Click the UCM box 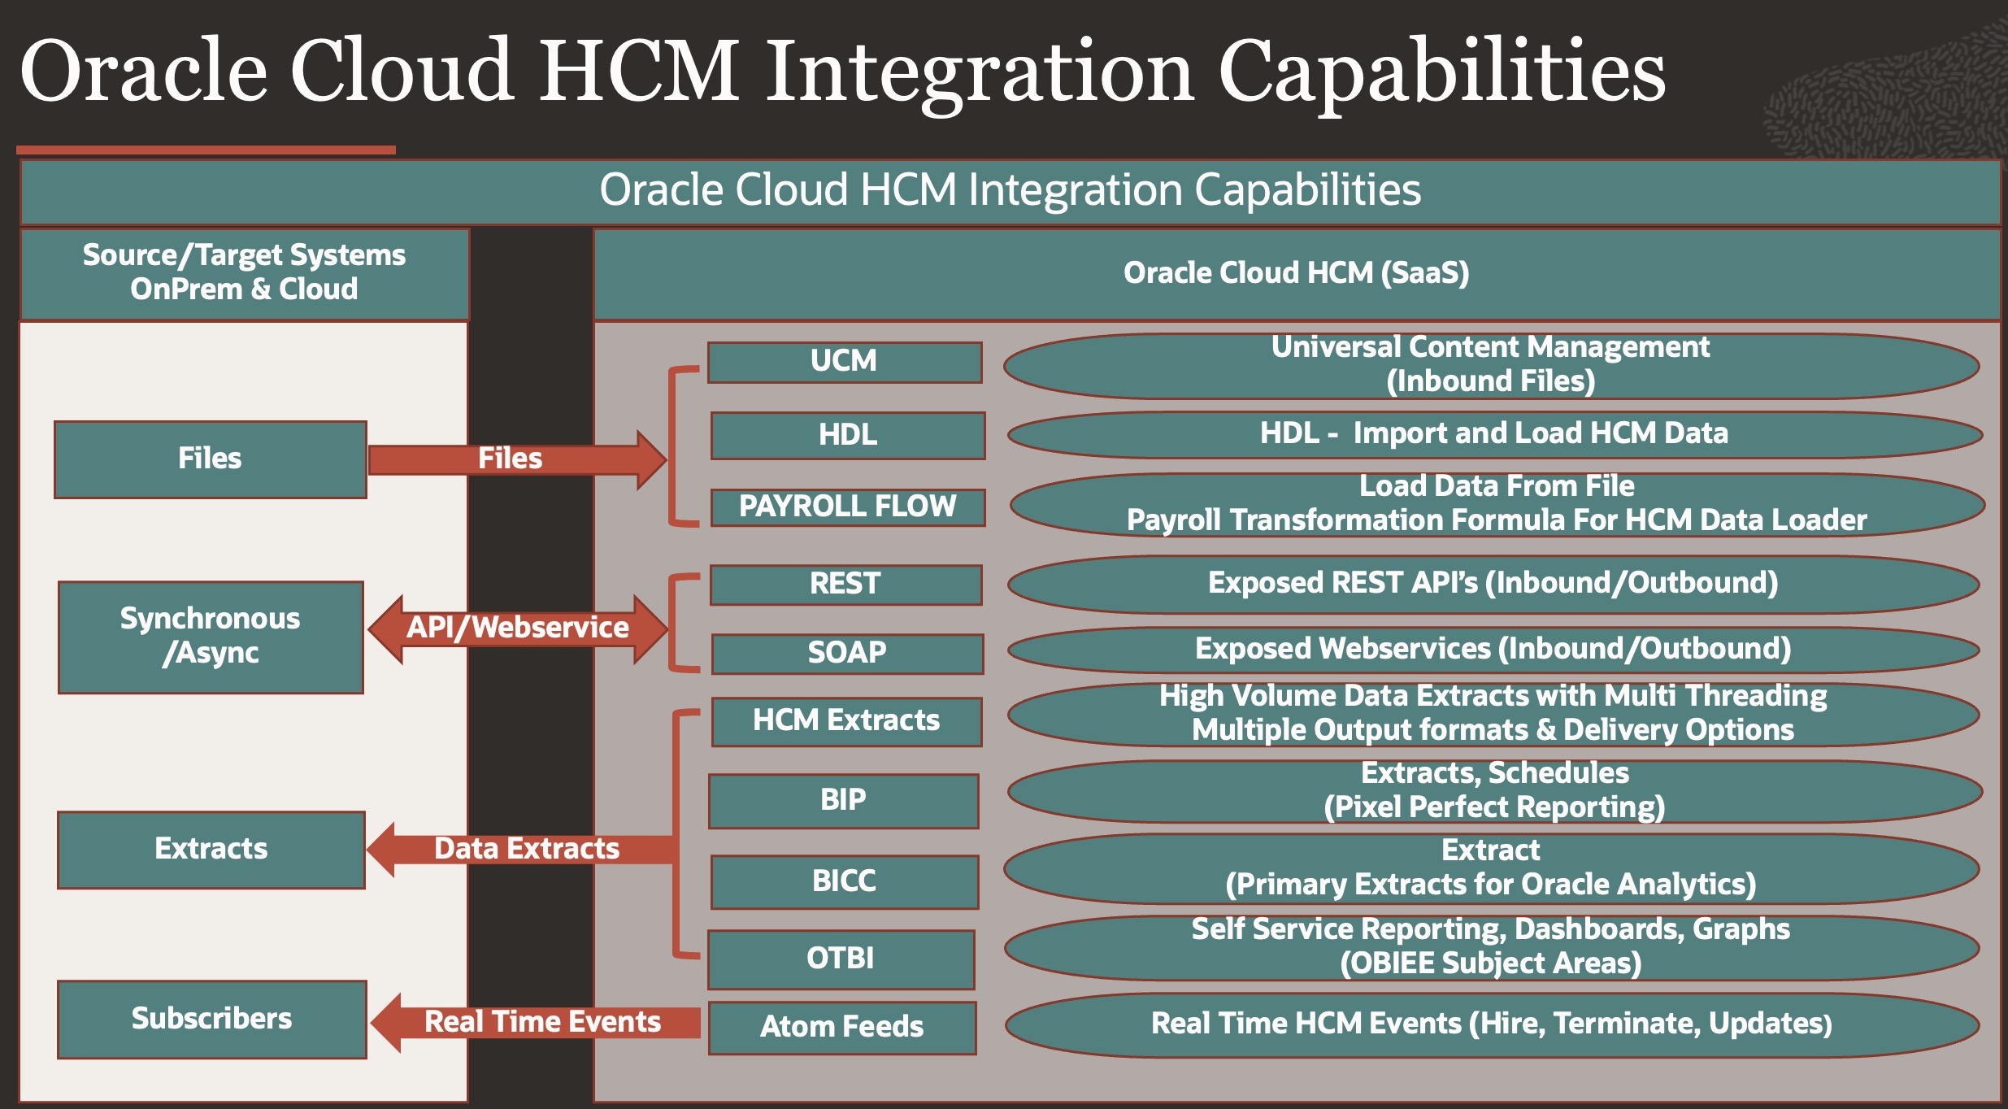pyautogui.click(x=845, y=362)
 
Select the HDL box pyautogui.click(x=847, y=435)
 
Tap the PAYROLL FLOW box pyautogui.click(x=847, y=507)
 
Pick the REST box pyautogui.click(x=845, y=584)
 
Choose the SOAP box pyautogui.click(x=847, y=653)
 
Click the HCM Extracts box pyautogui.click(x=846, y=720)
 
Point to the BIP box pyautogui.click(x=843, y=800)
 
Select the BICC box pyautogui.click(x=844, y=881)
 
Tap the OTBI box pyautogui.click(x=841, y=959)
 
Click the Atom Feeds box pyautogui.click(x=842, y=1027)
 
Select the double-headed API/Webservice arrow pyautogui.click(x=518, y=628)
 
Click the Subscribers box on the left pyautogui.click(x=211, y=1019)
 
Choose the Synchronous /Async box pyautogui.click(x=211, y=637)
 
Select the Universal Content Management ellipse pyautogui.click(x=1490, y=365)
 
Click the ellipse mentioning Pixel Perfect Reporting pyautogui.click(x=1494, y=790)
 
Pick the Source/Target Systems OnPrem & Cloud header pyautogui.click(x=244, y=273)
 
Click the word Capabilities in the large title pyautogui.click(x=1441, y=72)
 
